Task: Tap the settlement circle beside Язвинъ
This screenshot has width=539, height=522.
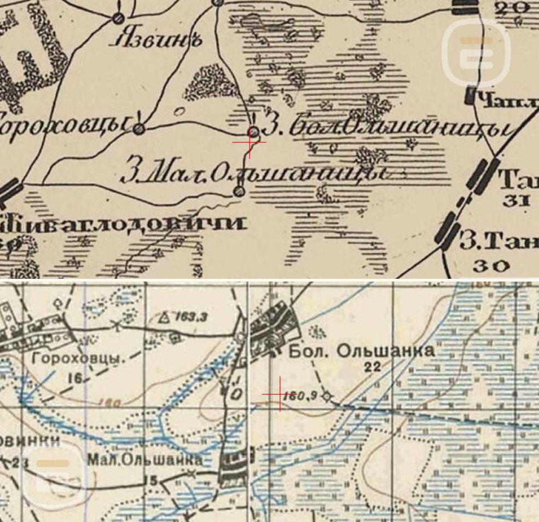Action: point(117,19)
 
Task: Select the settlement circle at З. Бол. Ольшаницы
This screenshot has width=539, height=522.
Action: point(254,132)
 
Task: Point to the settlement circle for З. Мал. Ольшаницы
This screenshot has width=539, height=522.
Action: point(239,191)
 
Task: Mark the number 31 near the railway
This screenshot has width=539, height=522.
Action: point(514,200)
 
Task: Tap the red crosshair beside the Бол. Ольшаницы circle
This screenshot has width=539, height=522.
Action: point(249,142)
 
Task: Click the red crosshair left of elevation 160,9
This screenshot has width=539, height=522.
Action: point(280,394)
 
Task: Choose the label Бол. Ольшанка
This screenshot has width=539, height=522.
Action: point(362,351)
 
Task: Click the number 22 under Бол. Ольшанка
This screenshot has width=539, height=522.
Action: point(372,368)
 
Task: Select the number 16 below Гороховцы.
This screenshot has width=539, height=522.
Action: point(76,378)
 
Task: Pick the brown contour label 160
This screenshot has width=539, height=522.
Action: point(109,403)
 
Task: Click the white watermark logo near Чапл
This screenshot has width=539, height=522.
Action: point(476,53)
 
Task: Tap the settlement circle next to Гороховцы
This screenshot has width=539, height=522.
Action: point(139,129)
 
